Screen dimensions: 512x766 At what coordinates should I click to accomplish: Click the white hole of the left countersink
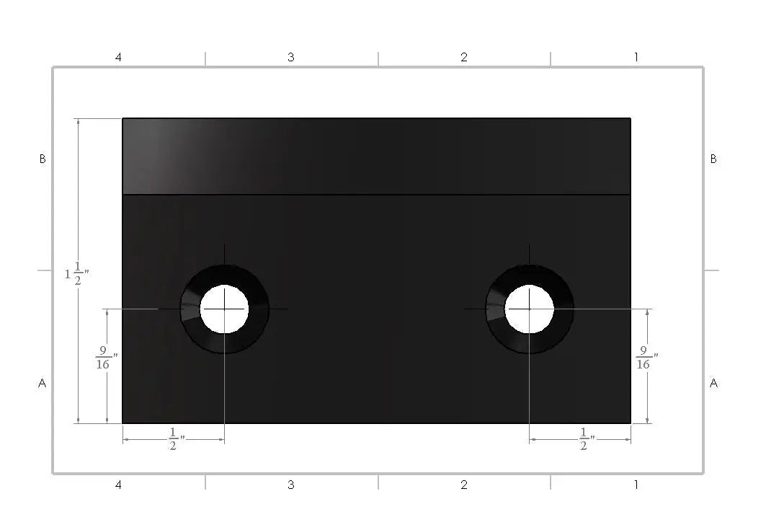224,309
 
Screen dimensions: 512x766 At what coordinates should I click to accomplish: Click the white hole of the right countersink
530,309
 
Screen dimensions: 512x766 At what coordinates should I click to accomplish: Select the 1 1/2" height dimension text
76,274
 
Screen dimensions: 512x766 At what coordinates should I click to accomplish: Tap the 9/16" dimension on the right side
646,358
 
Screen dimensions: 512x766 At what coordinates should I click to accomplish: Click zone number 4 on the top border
118,57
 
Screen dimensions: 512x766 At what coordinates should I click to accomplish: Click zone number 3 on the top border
291,57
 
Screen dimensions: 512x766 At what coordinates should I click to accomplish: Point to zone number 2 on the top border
464,57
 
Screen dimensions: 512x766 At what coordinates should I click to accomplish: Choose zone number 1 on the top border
636,57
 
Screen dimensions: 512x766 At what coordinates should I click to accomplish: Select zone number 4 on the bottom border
118,485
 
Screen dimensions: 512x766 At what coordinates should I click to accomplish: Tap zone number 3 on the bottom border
291,485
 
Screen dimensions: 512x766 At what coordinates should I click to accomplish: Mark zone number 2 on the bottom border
464,485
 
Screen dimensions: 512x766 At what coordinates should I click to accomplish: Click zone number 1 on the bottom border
636,485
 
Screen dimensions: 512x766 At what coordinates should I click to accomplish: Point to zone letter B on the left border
43,159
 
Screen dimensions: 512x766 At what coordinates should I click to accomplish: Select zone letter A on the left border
43,384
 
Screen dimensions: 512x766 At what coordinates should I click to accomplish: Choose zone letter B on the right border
713,159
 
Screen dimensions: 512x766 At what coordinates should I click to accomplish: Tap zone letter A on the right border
713,384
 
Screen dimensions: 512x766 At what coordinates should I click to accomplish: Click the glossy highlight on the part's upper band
173,155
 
